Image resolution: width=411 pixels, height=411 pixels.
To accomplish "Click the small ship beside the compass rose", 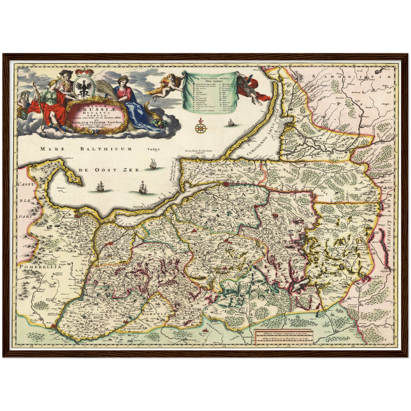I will [x=230, y=123].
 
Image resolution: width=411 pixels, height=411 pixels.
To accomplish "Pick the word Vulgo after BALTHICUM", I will [x=154, y=149].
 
